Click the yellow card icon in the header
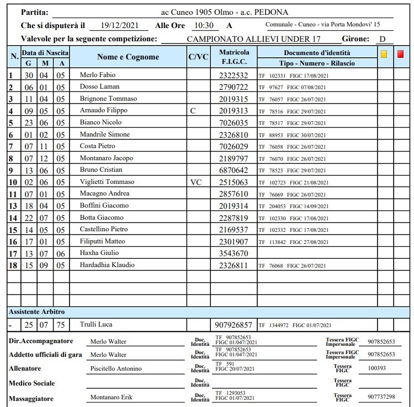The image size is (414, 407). pos(384,54)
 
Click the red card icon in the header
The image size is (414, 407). pos(400,54)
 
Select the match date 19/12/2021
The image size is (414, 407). pos(118,25)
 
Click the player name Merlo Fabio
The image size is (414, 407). pos(98,74)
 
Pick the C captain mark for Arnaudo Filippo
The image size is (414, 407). pos(193,110)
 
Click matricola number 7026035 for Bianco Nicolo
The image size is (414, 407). pos(233,122)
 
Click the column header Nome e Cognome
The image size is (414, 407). pos(128,57)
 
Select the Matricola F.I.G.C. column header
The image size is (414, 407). pos(234,57)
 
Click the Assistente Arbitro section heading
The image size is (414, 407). pos(36,312)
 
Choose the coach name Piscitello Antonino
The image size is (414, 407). pos(116,368)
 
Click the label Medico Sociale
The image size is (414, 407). pos(31,383)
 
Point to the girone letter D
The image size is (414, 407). pos(381,39)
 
